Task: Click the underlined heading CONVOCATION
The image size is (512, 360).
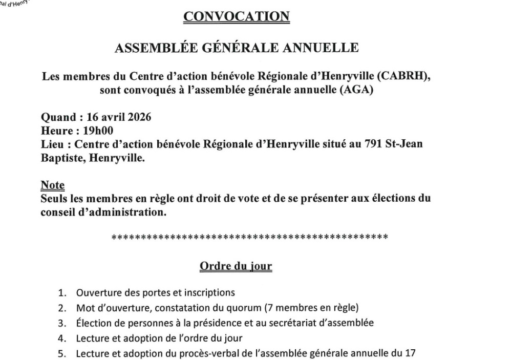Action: [x=236, y=16]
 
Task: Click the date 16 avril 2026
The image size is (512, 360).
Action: [x=117, y=117]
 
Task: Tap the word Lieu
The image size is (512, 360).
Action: [x=52, y=144]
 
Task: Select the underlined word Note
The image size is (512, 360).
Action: [x=53, y=185]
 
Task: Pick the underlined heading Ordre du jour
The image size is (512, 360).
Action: [x=236, y=266]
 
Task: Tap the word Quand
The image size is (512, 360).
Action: [x=57, y=117]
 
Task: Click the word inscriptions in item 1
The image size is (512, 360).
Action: [x=207, y=293]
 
